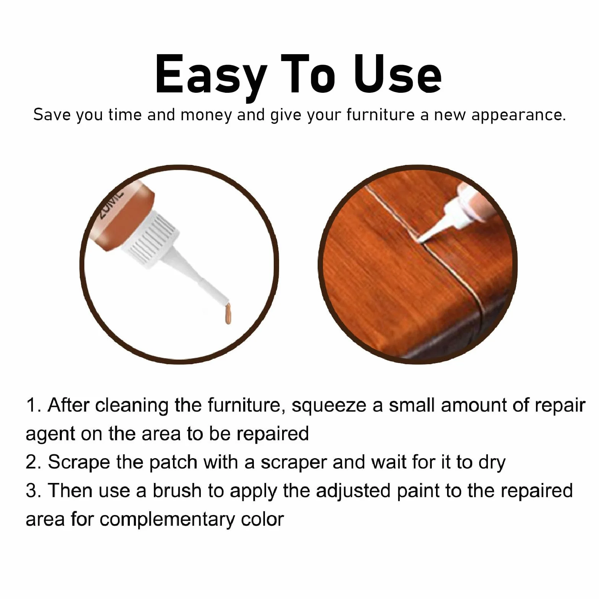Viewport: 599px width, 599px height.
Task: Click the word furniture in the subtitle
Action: point(380,115)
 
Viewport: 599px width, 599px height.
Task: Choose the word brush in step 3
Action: point(177,491)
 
